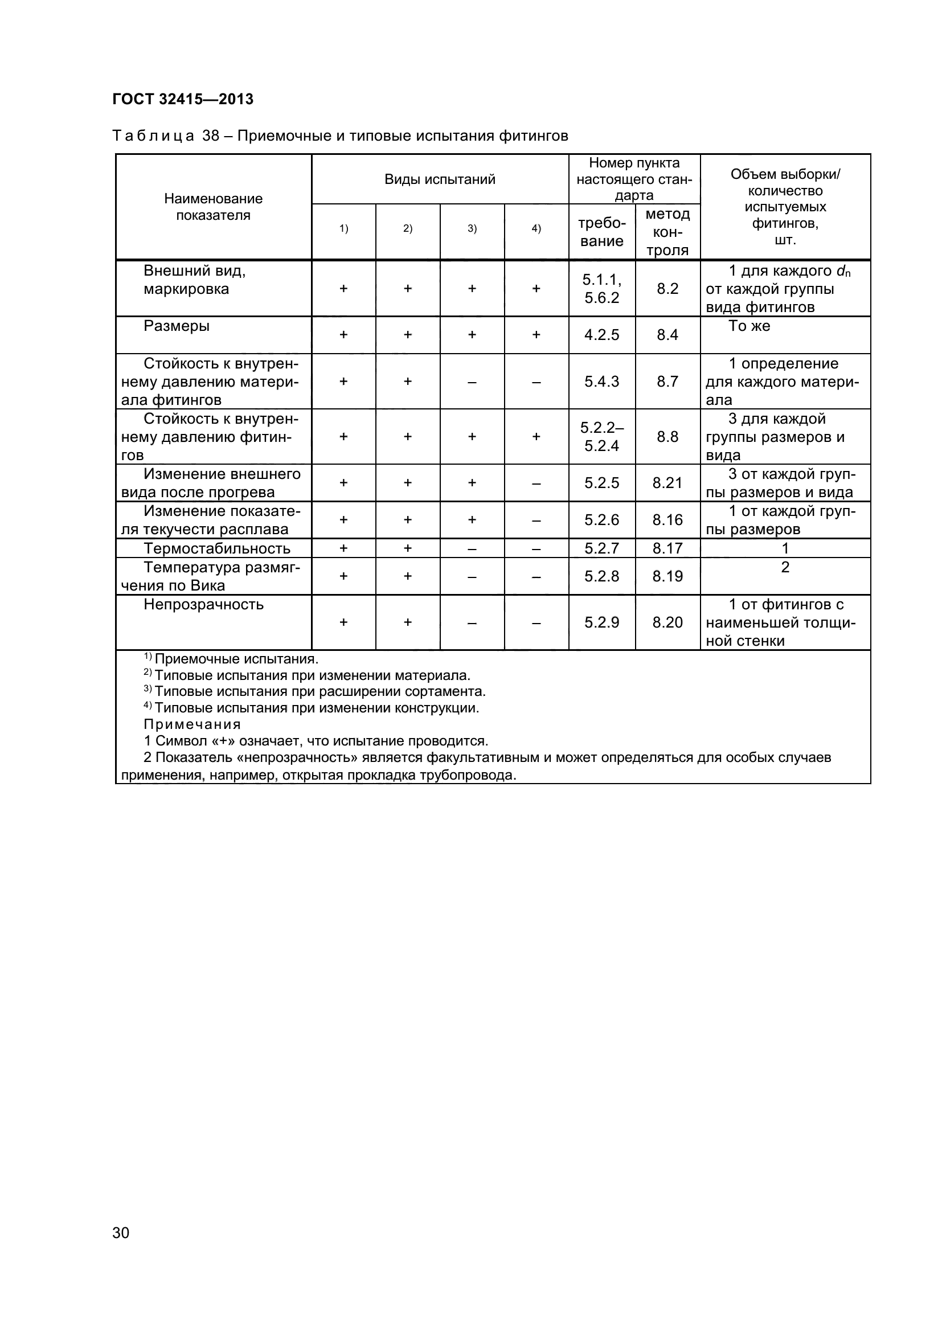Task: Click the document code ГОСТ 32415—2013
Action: point(183,99)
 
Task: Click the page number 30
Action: point(121,1248)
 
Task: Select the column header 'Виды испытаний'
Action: point(440,179)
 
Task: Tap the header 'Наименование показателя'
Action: point(213,207)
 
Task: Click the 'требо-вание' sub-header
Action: point(601,232)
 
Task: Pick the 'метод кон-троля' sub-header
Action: point(667,232)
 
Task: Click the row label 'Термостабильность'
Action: point(217,548)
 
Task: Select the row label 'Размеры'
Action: point(177,326)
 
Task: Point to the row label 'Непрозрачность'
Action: point(203,605)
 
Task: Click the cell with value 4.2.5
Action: point(601,335)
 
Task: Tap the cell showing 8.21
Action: point(667,483)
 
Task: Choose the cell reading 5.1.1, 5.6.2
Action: point(601,288)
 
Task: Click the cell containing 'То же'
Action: point(749,326)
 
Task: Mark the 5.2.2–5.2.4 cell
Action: point(601,436)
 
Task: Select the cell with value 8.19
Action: point(667,576)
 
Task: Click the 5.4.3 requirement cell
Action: point(601,381)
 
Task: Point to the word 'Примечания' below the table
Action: point(192,724)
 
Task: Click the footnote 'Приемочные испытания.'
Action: point(236,659)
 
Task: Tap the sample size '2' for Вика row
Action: point(785,567)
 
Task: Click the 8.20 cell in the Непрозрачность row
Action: point(667,622)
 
